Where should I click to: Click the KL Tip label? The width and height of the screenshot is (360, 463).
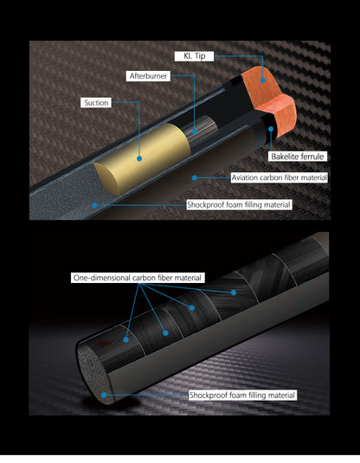[194, 56]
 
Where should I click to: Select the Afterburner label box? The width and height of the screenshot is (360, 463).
[148, 76]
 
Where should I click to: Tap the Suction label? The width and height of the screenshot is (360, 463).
[96, 103]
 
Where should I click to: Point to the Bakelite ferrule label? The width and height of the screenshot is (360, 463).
[298, 156]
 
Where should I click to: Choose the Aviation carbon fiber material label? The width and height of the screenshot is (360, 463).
[279, 177]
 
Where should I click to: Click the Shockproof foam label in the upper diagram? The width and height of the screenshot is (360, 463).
[239, 204]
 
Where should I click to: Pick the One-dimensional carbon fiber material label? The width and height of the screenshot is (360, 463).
[138, 278]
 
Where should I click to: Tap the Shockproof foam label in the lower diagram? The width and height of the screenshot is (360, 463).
[242, 395]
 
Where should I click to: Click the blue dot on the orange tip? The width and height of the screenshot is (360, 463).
[262, 80]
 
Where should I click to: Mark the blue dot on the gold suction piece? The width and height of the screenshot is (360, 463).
[139, 158]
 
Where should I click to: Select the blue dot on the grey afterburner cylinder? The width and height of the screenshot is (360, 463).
[195, 131]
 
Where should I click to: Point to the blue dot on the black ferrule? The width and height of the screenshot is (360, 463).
[271, 129]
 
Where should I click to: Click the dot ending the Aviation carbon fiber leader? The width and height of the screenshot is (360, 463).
[195, 177]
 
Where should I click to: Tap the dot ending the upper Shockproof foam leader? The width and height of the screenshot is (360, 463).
[94, 205]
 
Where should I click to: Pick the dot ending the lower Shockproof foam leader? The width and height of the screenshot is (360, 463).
[104, 395]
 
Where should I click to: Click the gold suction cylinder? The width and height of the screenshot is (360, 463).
[145, 158]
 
